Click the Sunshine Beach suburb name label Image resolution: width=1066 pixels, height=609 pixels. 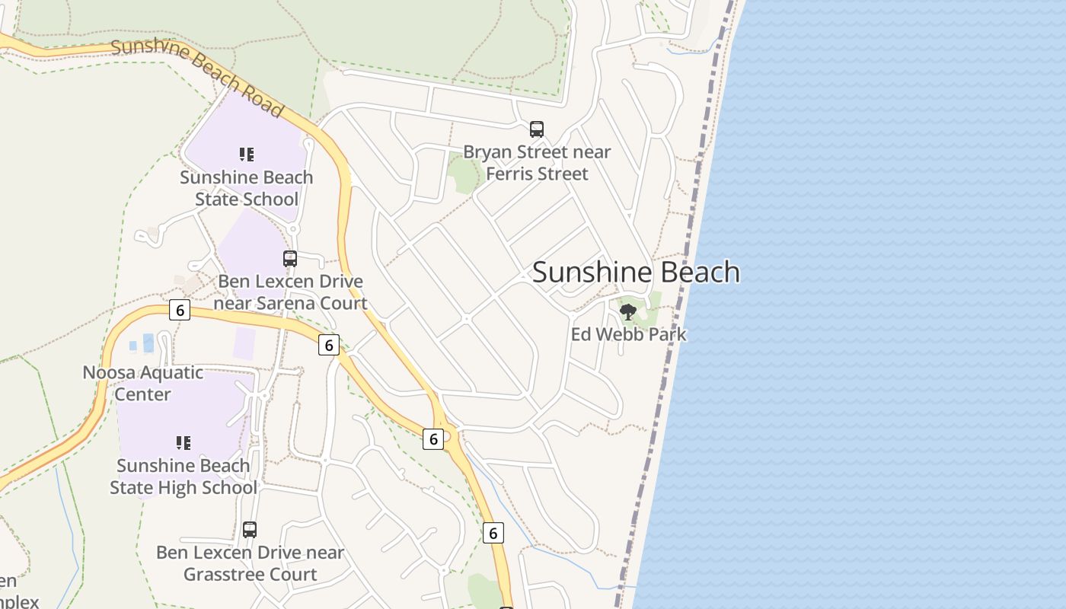[636, 272]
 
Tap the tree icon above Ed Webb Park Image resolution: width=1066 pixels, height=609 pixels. [628, 311]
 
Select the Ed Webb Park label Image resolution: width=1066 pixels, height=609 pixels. [628, 334]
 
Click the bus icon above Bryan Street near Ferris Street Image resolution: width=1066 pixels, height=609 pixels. [537, 129]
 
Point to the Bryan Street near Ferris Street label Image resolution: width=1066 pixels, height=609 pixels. [537, 163]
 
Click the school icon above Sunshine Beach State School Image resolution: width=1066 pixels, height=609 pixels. [246, 155]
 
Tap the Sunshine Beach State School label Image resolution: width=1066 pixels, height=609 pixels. [246, 188]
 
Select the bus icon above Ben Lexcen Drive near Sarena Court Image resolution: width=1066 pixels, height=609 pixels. [290, 259]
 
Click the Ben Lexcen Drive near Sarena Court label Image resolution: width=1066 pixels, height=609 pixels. [290, 292]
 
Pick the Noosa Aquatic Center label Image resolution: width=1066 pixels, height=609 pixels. [142, 383]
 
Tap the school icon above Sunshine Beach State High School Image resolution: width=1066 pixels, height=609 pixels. [183, 442]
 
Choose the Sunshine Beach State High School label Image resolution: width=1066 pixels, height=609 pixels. [183, 477]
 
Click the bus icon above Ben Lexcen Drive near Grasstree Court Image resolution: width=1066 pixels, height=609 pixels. [250, 530]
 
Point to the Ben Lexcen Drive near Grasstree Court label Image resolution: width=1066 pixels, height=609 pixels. [250, 563]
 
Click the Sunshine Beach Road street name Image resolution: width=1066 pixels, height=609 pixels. [196, 76]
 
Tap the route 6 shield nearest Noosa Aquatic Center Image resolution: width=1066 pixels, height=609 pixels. [179, 310]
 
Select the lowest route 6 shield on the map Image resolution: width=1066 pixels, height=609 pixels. [493, 533]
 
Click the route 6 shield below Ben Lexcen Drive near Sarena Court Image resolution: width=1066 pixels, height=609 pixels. [328, 345]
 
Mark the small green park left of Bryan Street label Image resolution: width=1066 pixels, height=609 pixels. [462, 174]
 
